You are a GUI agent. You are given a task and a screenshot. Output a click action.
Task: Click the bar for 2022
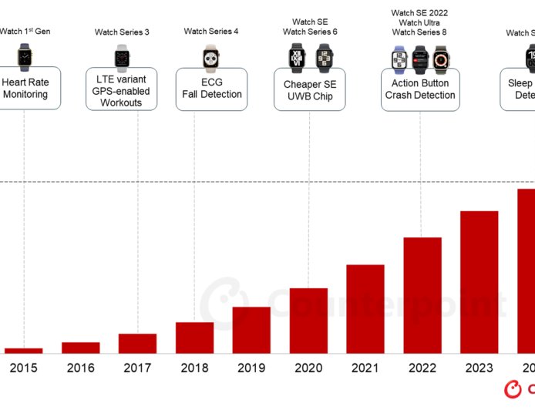[x=422, y=295]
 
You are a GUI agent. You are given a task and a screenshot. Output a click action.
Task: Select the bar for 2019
[x=251, y=330]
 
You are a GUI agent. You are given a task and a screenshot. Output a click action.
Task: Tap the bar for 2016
[x=81, y=348]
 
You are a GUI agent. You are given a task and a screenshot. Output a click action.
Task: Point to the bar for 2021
[x=365, y=309]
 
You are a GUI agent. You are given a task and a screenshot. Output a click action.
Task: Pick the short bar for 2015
[x=24, y=351]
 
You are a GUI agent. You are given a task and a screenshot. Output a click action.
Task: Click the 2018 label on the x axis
[x=194, y=368]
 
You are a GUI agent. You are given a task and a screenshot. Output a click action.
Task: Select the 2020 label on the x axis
[x=308, y=368]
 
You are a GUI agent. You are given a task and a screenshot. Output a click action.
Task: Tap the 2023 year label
[x=479, y=368]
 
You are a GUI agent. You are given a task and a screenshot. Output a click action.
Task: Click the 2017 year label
[x=137, y=368]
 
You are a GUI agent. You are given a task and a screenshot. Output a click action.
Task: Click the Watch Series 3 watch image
[x=122, y=55]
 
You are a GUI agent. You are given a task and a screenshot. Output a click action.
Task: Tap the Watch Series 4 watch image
[x=210, y=55]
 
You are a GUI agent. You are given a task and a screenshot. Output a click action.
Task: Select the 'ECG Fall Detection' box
[x=212, y=88]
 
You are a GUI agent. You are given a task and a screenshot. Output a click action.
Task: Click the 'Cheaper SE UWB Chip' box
[x=309, y=90]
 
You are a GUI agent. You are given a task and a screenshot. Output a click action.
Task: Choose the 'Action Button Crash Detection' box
[x=420, y=89]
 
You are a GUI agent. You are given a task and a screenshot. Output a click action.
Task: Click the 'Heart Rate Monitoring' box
[x=26, y=88]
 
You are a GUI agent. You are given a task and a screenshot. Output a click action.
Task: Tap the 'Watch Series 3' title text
[x=122, y=32]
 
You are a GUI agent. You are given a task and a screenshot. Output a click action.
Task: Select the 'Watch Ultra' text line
[x=419, y=22]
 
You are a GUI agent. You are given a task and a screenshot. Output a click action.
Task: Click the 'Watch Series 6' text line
[x=310, y=32]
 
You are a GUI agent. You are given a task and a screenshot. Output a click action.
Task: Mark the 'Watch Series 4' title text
[x=211, y=32]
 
